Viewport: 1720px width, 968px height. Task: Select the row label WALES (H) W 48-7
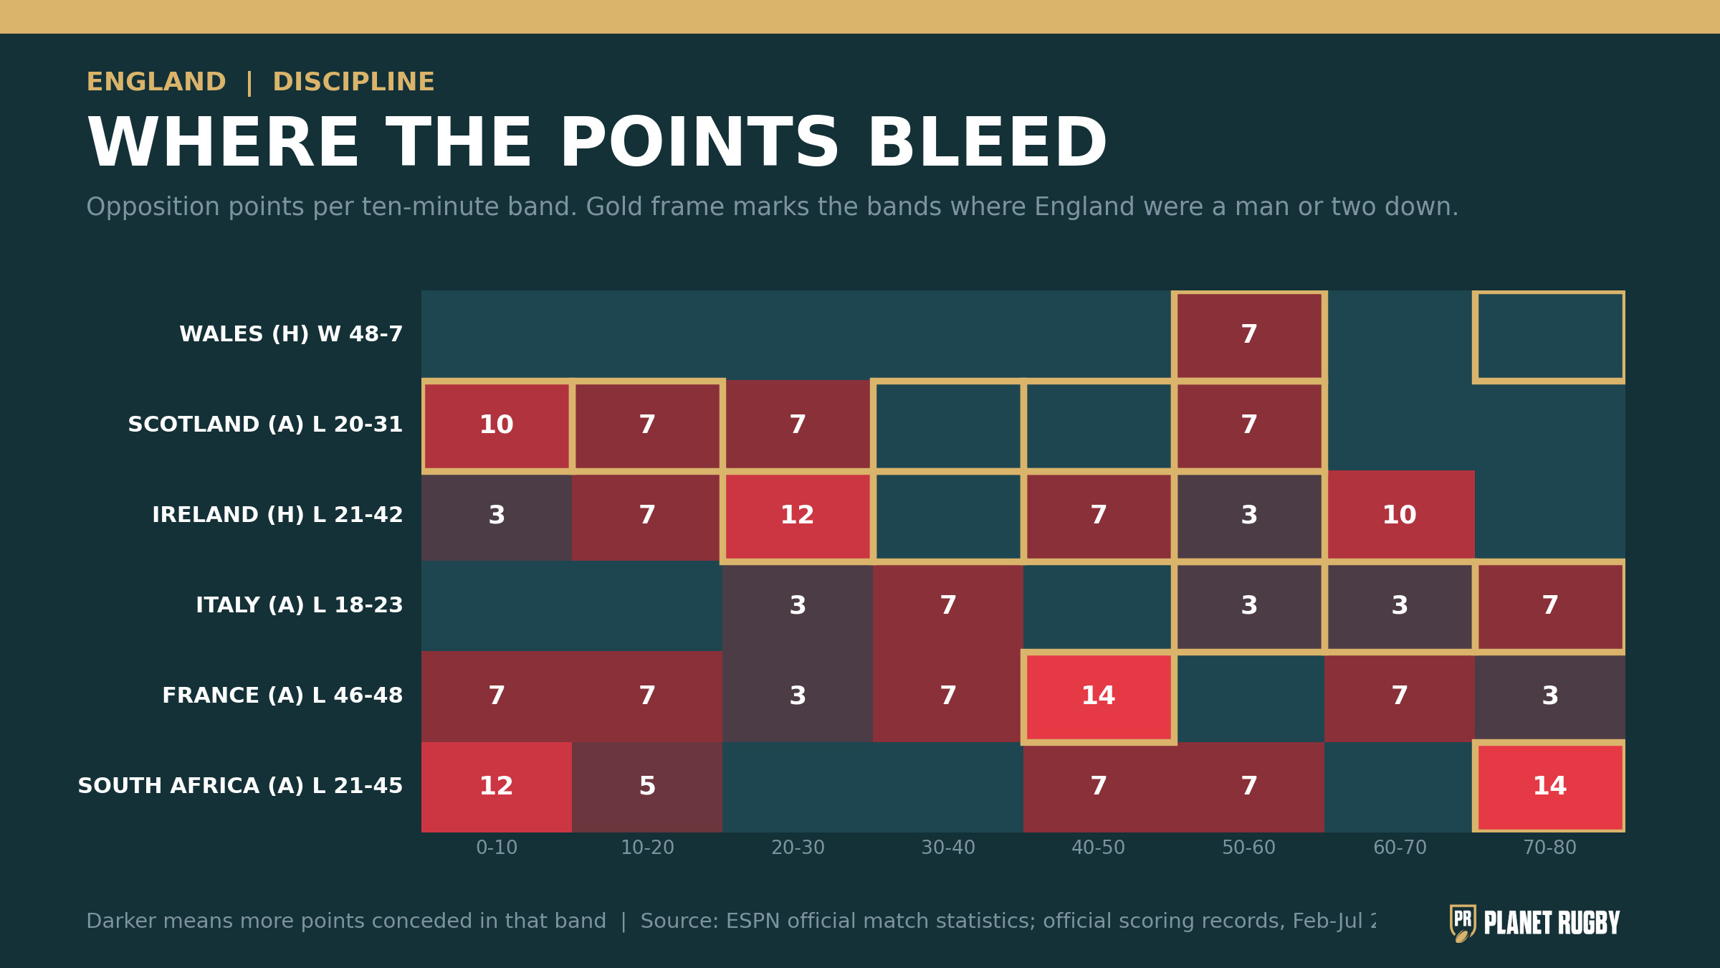[x=291, y=335]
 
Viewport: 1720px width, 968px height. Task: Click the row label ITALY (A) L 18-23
[x=300, y=606]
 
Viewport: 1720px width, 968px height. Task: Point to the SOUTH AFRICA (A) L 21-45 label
[x=240, y=787]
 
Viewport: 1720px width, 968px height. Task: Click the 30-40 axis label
[x=948, y=848]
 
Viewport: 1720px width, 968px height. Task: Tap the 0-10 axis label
[x=497, y=848]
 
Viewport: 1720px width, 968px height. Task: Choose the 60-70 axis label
[x=1400, y=848]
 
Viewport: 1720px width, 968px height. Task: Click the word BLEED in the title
[x=987, y=143]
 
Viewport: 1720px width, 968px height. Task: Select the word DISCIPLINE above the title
[x=353, y=82]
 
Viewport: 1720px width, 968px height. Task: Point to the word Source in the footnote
[x=676, y=921]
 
